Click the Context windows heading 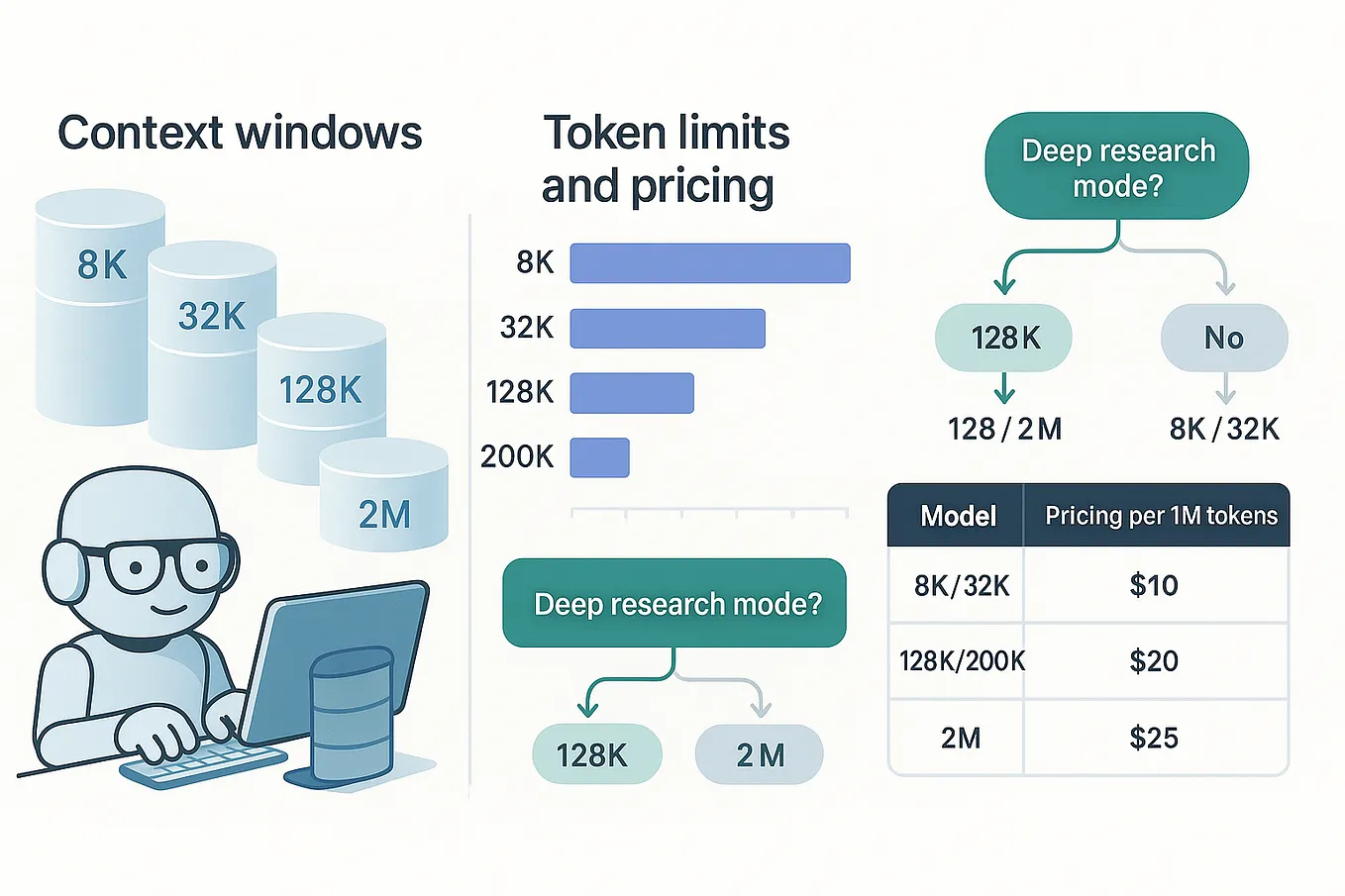(240, 133)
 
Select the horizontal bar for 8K (709, 263)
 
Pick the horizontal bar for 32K (667, 329)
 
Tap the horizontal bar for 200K (599, 457)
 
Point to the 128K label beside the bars (519, 392)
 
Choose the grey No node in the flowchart (1223, 338)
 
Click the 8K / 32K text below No (1223, 429)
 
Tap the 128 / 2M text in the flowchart (1004, 429)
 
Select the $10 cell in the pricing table (1154, 585)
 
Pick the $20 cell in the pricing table (1154, 660)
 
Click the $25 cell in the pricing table (1154, 738)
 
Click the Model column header (958, 516)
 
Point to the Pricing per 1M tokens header (1161, 516)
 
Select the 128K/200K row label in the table (961, 660)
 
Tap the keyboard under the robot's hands (203, 766)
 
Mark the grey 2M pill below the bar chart (759, 755)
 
